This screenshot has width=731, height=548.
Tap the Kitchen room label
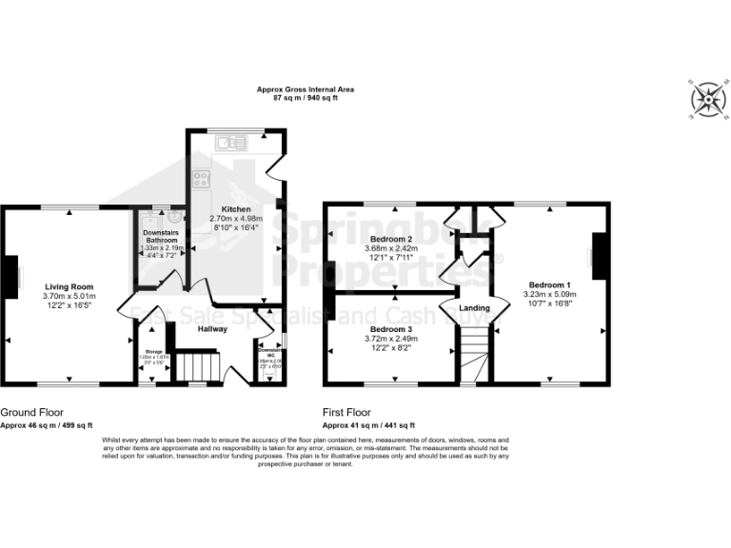pyautogui.click(x=236, y=209)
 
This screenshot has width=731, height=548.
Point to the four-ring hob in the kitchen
pyautogui.click(x=202, y=178)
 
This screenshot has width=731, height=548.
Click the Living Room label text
pyautogui.click(x=69, y=285)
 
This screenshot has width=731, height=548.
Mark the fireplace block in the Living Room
pyautogui.click(x=9, y=275)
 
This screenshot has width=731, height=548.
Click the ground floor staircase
pyautogui.click(x=200, y=366)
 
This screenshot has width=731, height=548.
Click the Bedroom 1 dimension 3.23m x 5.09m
pyautogui.click(x=551, y=295)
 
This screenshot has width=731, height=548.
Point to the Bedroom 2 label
pyautogui.click(x=390, y=239)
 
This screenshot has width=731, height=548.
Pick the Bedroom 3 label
pyautogui.click(x=390, y=328)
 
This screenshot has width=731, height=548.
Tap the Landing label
pyautogui.click(x=474, y=308)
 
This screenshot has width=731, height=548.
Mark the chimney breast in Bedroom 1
pyautogui.click(x=598, y=256)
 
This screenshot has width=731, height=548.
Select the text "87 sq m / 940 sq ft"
pyautogui.click(x=306, y=98)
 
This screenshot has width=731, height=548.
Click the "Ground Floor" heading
pyautogui.click(x=31, y=413)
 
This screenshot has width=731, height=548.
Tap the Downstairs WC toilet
pyautogui.click(x=270, y=374)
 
